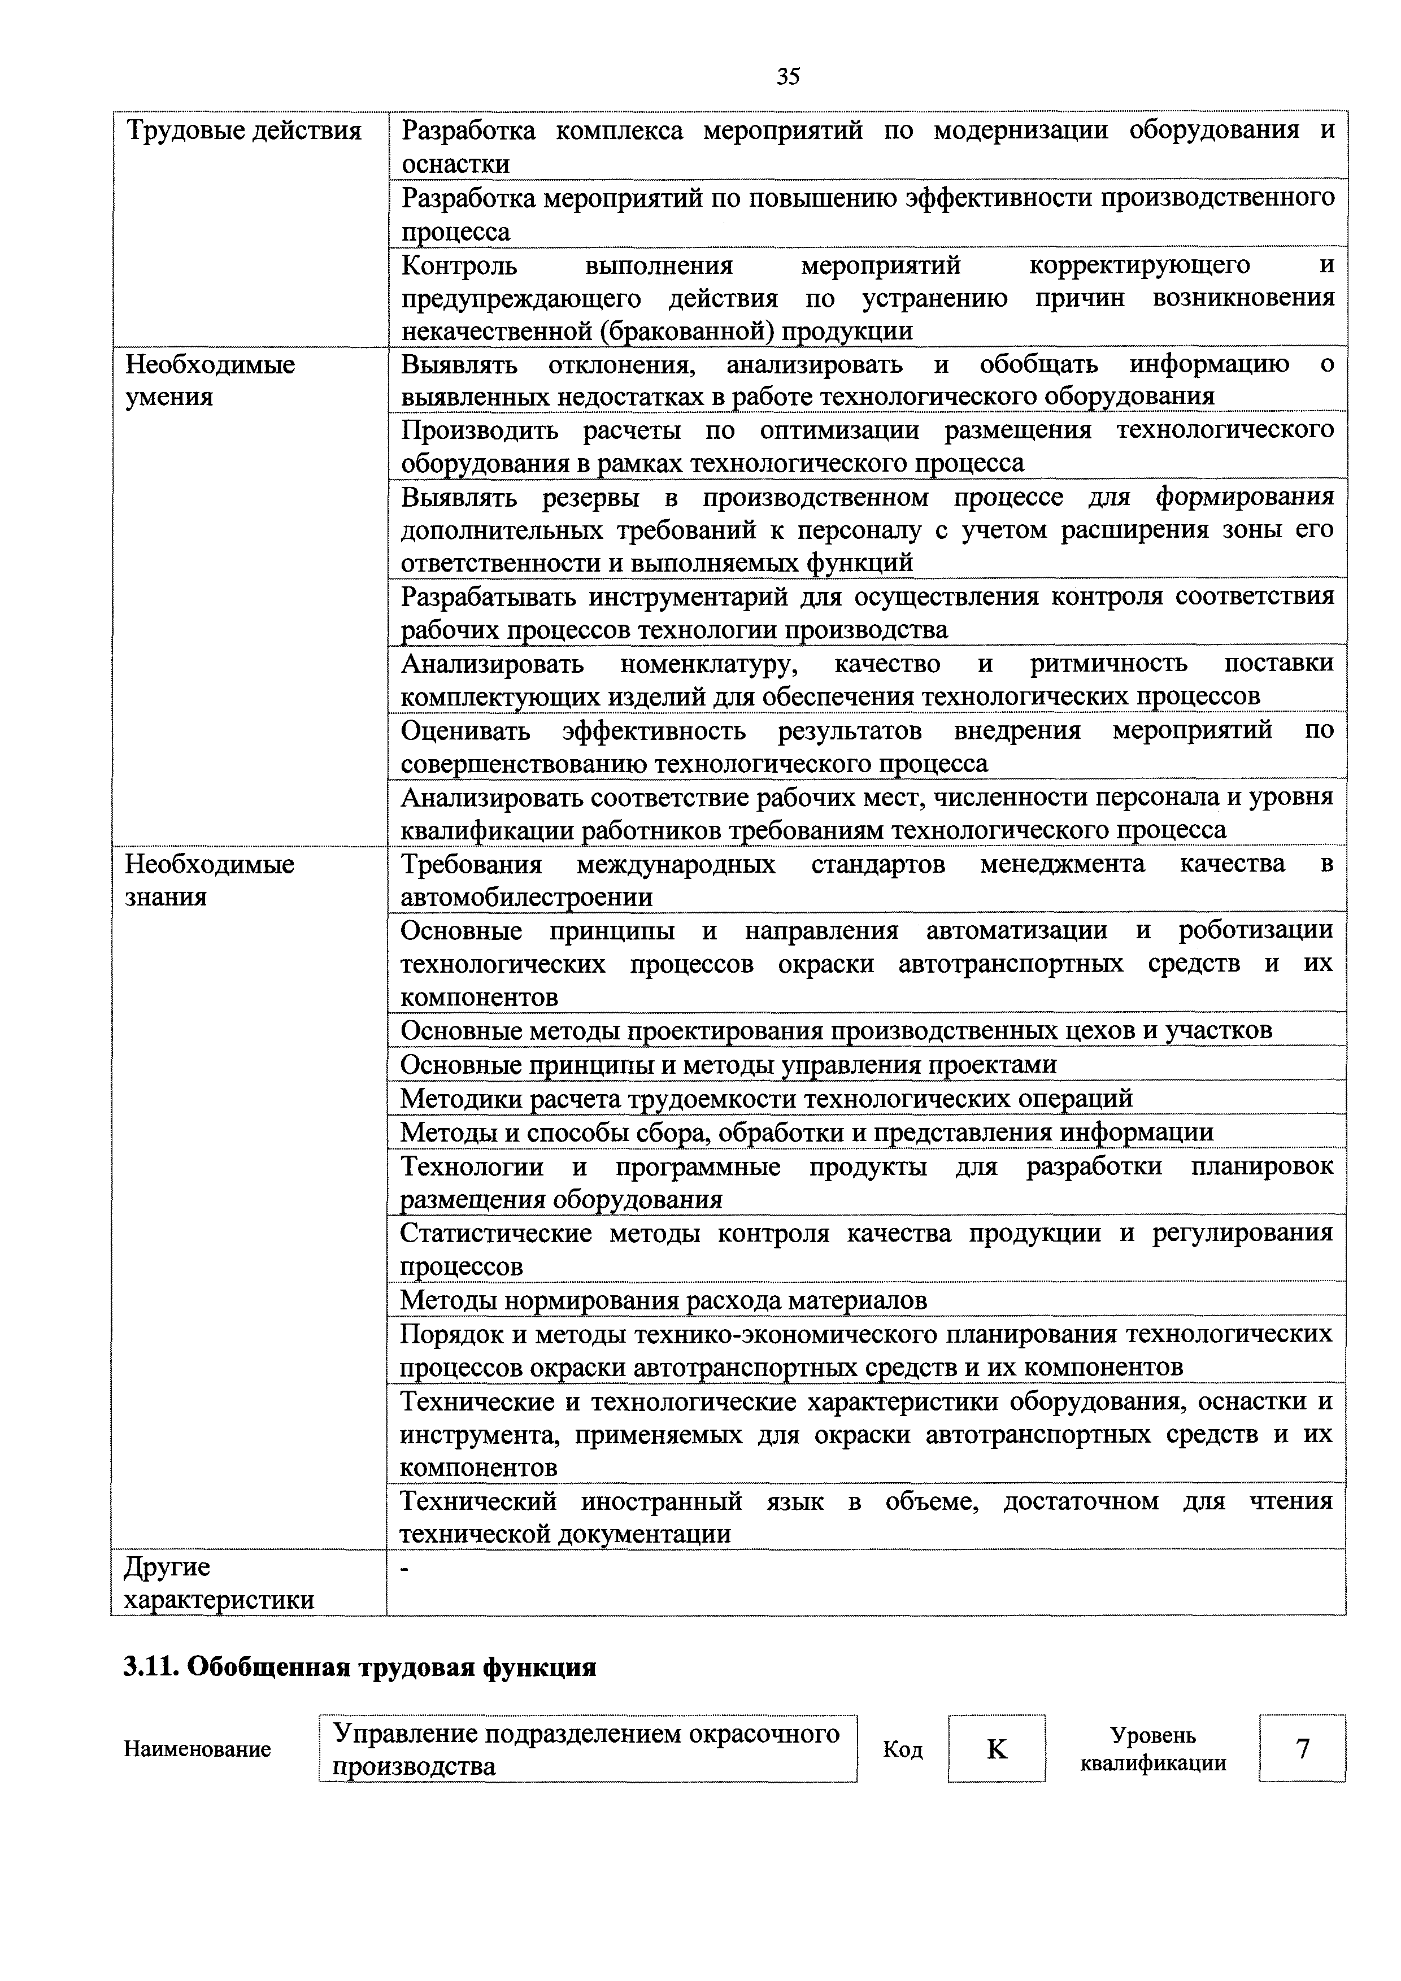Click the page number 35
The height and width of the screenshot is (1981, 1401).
[787, 77]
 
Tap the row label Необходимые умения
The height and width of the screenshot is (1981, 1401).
[210, 381]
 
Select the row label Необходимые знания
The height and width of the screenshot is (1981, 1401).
[210, 880]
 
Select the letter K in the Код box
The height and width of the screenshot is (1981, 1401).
[997, 1749]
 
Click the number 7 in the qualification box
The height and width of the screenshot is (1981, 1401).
[1303, 1749]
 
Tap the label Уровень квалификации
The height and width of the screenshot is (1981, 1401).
[1152, 1749]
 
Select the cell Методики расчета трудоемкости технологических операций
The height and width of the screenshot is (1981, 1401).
[766, 1098]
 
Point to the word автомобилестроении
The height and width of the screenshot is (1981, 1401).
[527, 898]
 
